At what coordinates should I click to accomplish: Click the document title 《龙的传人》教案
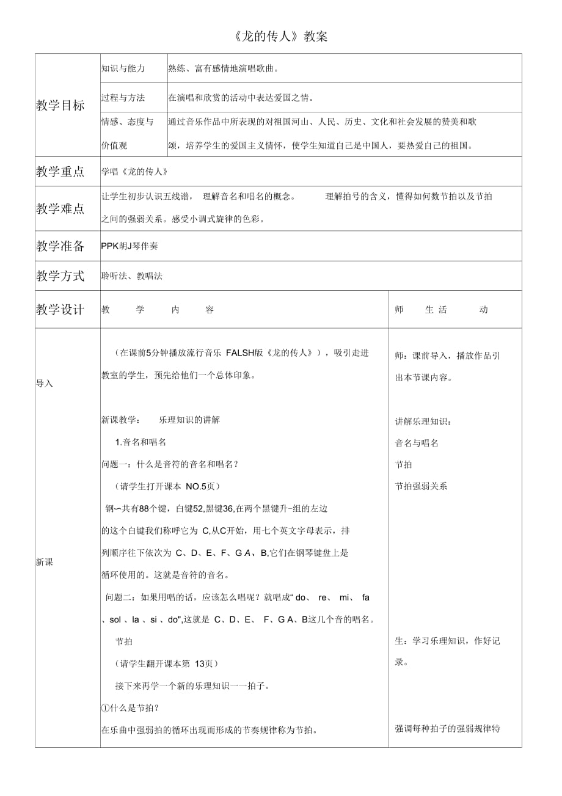click(x=280, y=37)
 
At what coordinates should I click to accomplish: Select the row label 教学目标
click(x=60, y=105)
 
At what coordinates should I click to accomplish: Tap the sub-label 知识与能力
click(x=123, y=68)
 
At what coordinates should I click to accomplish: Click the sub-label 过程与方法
click(x=123, y=97)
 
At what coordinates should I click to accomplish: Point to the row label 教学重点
click(x=60, y=172)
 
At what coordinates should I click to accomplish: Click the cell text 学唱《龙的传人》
click(x=134, y=172)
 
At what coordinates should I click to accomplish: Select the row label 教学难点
click(x=60, y=209)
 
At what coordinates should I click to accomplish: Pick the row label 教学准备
click(x=60, y=246)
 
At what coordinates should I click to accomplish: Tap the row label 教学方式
click(x=60, y=276)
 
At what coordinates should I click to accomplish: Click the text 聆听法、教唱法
click(x=132, y=276)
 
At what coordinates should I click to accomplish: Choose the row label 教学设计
click(x=60, y=310)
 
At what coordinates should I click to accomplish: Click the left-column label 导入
click(x=45, y=384)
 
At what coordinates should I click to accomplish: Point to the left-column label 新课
click(x=45, y=562)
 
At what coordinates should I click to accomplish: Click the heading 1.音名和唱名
click(x=140, y=442)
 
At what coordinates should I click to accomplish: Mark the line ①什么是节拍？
click(x=131, y=708)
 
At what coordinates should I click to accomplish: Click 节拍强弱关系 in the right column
click(x=421, y=486)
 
